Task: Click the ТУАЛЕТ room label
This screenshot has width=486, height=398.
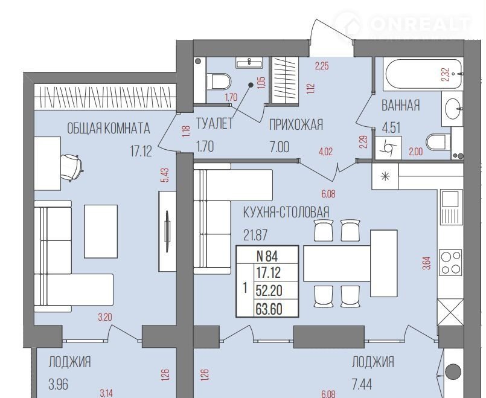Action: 214,124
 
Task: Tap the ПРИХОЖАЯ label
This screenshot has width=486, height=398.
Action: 296,124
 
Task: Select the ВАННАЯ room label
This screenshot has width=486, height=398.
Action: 400,106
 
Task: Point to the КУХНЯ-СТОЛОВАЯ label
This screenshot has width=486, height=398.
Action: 286,213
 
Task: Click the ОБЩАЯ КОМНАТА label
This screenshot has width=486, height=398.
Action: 109,128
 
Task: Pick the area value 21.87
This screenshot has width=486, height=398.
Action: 255,236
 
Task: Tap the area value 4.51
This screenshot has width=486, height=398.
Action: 391,127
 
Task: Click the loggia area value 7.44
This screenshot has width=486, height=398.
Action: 362,384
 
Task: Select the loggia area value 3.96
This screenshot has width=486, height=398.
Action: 59,384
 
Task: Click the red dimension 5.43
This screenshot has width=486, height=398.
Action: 165,175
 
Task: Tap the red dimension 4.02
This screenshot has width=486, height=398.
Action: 325,152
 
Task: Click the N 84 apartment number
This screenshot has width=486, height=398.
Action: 267,256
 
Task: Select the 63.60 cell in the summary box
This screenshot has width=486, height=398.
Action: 269,309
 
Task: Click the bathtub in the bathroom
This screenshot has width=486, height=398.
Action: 423,74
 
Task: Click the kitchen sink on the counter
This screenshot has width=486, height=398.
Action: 449,197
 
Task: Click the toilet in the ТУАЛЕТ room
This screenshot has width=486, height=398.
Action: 219,81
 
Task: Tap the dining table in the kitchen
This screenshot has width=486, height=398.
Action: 350,263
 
